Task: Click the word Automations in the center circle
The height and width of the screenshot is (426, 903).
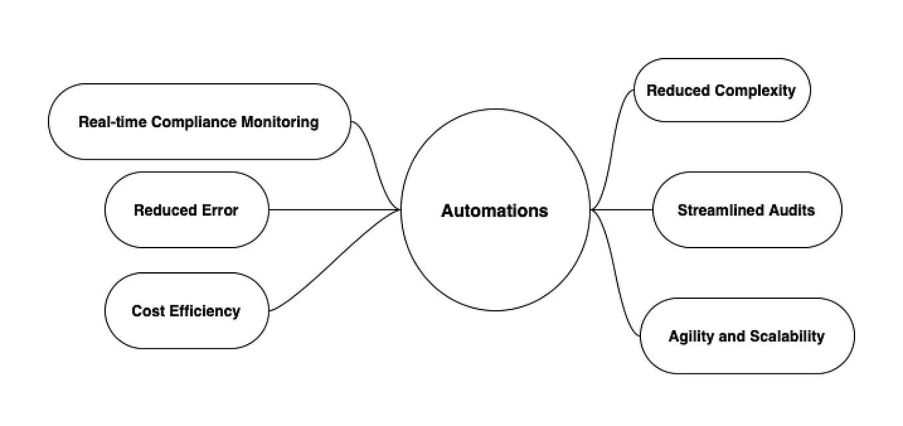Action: [495, 211]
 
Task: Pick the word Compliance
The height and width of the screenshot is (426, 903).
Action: [195, 122]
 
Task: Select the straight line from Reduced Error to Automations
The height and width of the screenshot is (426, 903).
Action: [332, 210]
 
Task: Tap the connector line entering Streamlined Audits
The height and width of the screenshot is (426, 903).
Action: [622, 210]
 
